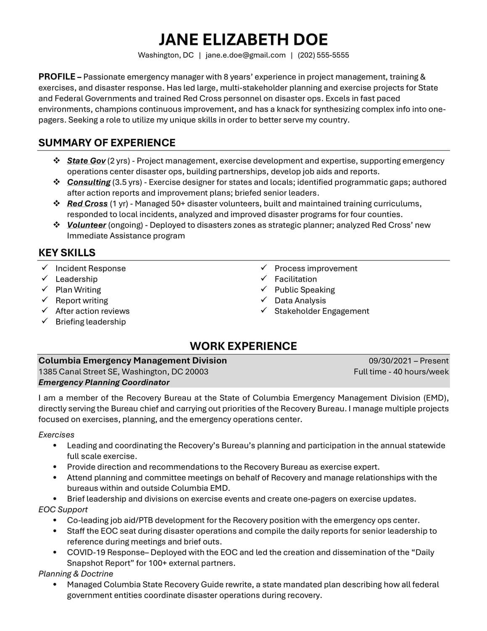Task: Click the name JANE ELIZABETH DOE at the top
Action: click(x=243, y=40)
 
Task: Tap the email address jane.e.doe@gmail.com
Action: click(x=245, y=55)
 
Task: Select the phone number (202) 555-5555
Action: click(x=323, y=55)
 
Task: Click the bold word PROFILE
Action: click(x=57, y=77)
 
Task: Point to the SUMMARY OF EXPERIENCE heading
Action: click(x=107, y=143)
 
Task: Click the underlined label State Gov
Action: click(x=86, y=161)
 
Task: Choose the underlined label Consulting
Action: click(x=89, y=182)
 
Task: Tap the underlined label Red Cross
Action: click(x=87, y=204)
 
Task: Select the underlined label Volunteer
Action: click(x=87, y=225)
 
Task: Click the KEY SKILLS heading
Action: click(x=67, y=253)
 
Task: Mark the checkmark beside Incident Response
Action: click(x=45, y=268)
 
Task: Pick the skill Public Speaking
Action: click(x=305, y=290)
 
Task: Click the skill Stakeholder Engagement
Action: click(x=321, y=311)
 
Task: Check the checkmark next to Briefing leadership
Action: click(x=45, y=321)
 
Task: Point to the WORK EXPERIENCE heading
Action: click(x=243, y=346)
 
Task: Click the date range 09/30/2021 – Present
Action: click(x=408, y=361)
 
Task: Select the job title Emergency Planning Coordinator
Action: click(x=104, y=382)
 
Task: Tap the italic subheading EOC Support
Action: click(x=63, y=509)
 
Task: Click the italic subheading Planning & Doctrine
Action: click(x=76, y=574)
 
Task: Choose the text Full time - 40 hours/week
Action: click(x=401, y=372)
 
